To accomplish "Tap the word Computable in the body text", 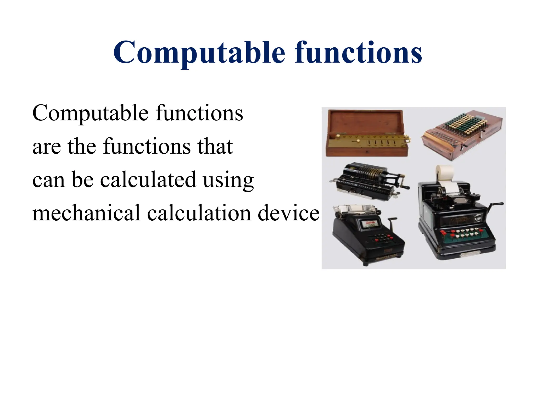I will click(90, 113).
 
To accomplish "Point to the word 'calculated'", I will click(148, 180).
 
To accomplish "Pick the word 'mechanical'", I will click(86, 213).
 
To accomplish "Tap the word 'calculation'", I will click(199, 213).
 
